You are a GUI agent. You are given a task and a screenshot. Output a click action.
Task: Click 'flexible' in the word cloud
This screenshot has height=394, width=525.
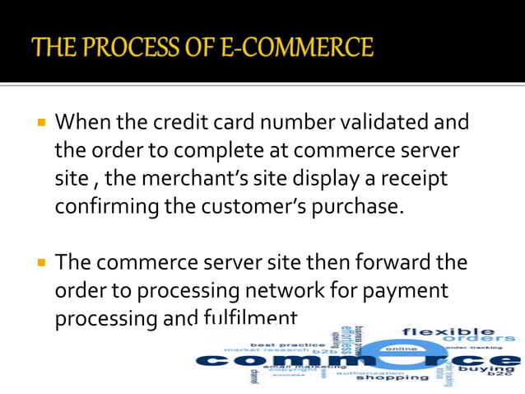coord(448,331)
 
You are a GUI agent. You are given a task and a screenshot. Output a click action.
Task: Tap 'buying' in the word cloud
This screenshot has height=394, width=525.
coord(492,370)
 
